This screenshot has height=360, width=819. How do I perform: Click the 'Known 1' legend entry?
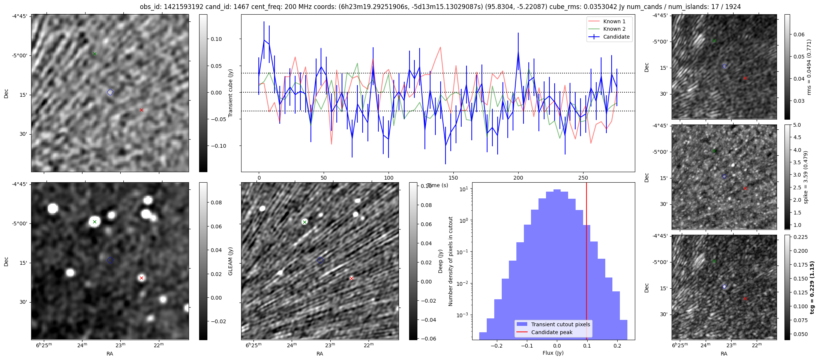(614, 21)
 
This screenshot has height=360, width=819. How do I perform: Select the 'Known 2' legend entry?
(614, 29)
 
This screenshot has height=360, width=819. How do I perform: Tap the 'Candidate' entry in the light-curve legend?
(616, 37)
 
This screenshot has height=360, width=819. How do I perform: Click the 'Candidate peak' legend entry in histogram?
(552, 332)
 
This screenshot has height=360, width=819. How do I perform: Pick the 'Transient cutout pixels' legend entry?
(560, 324)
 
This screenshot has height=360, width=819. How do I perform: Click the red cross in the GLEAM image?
(141, 278)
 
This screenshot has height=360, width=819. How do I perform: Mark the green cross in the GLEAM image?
(94, 222)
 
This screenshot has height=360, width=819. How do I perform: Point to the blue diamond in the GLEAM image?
(110, 260)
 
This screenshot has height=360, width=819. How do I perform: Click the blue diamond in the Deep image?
(320, 260)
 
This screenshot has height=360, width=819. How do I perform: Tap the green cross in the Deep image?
(304, 222)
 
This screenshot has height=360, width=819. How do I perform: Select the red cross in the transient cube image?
(141, 110)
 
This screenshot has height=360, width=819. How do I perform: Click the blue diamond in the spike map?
(724, 176)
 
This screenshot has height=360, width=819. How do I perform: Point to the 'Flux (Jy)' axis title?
(553, 353)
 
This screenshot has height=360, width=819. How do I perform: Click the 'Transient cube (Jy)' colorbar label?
(231, 93)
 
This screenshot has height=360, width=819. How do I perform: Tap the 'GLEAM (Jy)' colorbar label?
(231, 261)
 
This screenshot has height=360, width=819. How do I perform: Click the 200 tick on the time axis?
(518, 177)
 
